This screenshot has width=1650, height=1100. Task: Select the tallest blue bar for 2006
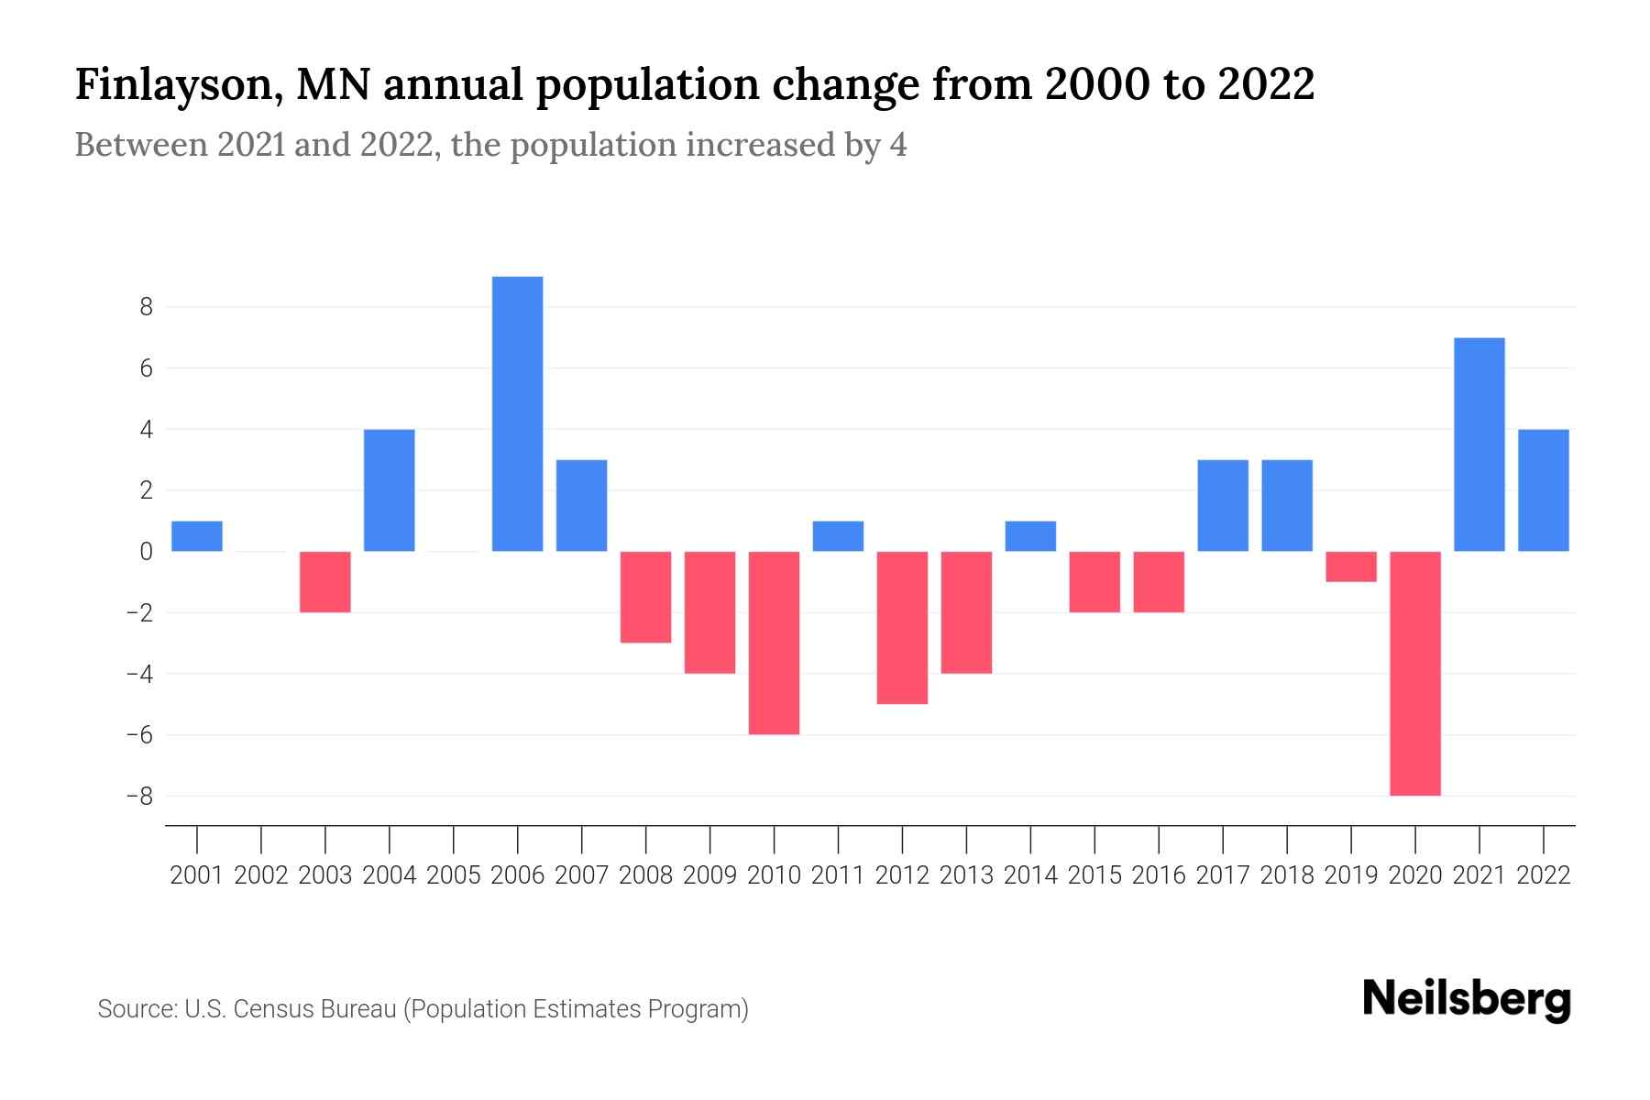click(x=517, y=413)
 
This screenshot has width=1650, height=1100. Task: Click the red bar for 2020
click(x=1414, y=673)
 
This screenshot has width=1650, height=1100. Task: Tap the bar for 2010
click(x=774, y=643)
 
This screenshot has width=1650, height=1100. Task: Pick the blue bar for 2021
click(x=1479, y=445)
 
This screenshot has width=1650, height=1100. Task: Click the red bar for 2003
click(x=325, y=581)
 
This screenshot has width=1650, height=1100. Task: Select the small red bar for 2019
click(x=1350, y=566)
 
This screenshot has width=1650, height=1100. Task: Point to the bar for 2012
click(x=902, y=627)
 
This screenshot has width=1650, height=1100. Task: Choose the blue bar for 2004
click(x=390, y=489)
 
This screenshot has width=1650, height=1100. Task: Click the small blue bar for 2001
click(x=197, y=536)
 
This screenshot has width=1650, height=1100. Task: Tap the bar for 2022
click(x=1543, y=489)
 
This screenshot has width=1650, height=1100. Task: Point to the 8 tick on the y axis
click(x=146, y=307)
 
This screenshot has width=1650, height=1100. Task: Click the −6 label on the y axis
click(x=139, y=735)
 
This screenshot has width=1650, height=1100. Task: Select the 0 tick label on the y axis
click(x=146, y=552)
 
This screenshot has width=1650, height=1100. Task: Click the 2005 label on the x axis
click(x=454, y=875)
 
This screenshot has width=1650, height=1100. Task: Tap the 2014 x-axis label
click(x=1030, y=875)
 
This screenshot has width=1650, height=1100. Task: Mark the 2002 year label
click(x=261, y=875)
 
